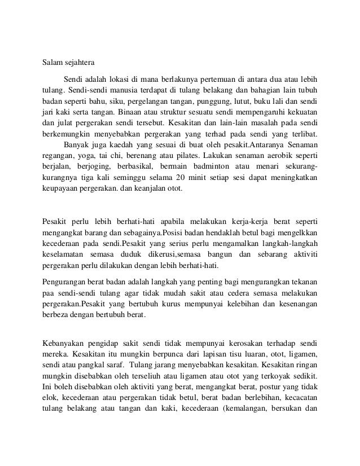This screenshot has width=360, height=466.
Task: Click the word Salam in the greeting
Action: pyautogui.click(x=54, y=63)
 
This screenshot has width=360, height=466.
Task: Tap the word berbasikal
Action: pyautogui.click(x=134, y=167)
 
